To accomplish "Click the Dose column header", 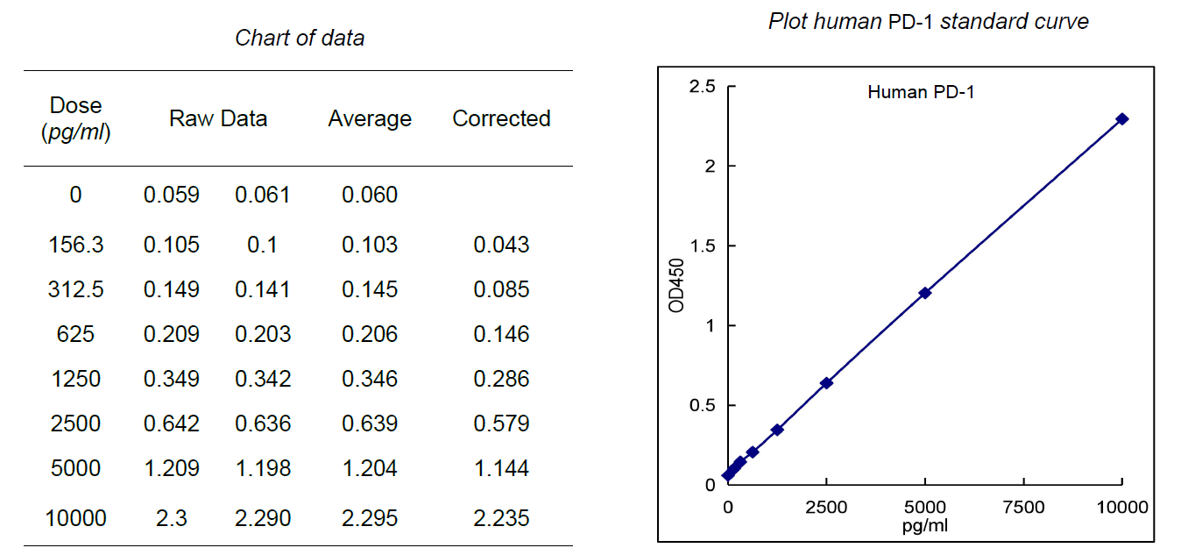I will tap(75, 118).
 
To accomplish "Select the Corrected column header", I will tap(501, 118).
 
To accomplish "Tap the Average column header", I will tap(370, 118).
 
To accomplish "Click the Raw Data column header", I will tap(218, 118).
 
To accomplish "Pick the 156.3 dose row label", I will tap(75, 245).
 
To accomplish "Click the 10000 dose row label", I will tap(75, 518).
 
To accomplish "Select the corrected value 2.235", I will tap(501, 518).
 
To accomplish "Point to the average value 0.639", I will tap(370, 423).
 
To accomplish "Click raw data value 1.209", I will tap(172, 468).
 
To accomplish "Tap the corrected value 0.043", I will tap(501, 245).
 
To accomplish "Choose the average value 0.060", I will tap(370, 195).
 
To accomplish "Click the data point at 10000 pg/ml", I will tap(1122, 118).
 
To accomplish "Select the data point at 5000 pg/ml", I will tap(924, 293).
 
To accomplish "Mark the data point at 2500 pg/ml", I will tap(826, 383).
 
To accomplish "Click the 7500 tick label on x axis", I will tap(1023, 507).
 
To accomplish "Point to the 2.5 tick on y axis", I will tap(703, 86).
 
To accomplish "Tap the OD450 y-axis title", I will tap(675, 285).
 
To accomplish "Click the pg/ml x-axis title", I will tap(924, 526).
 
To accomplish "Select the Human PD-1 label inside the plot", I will tap(921, 92).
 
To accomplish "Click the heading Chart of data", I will tap(300, 38).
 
